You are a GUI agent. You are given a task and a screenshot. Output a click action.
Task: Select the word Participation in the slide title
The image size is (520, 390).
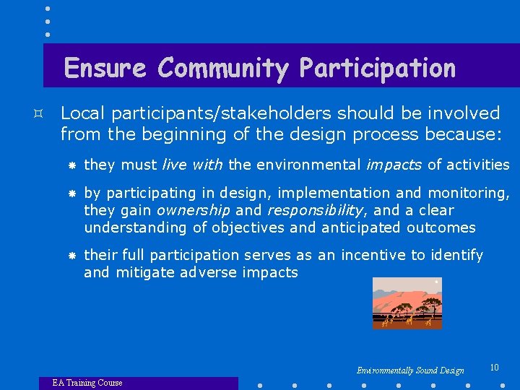coord(377,68)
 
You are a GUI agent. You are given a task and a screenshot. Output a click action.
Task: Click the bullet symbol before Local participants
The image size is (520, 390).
coord(45,114)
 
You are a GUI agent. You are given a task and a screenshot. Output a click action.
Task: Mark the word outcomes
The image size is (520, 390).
coord(441,227)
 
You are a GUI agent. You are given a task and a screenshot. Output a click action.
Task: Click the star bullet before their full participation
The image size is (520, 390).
coord(71,256)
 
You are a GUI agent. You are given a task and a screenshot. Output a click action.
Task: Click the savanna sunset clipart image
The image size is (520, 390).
coord(407,303)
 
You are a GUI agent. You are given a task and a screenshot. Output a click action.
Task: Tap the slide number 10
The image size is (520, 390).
coord(494,368)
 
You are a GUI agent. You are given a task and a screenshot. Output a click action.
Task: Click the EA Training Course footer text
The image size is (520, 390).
coord(87,383)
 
